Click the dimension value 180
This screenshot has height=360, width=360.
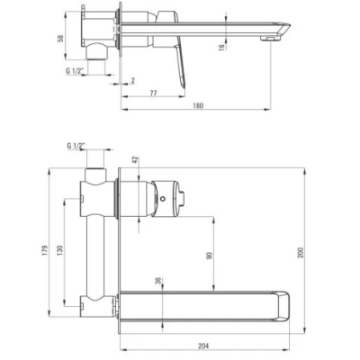pyautogui.click(x=198, y=105)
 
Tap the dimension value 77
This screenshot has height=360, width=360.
pyautogui.click(x=153, y=93)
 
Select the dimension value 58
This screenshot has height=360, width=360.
pyautogui.click(x=60, y=39)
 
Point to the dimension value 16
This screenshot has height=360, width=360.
pyautogui.click(x=221, y=47)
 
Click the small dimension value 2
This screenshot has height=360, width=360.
pyautogui.click(x=133, y=80)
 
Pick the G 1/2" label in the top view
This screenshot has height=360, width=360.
pyautogui.click(x=76, y=71)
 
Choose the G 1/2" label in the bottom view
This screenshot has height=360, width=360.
pyautogui.click(x=76, y=146)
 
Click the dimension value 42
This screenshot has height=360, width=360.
pyautogui.click(x=135, y=160)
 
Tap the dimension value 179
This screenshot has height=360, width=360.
pyautogui.click(x=45, y=250)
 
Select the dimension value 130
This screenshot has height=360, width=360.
pyautogui.click(x=60, y=250)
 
